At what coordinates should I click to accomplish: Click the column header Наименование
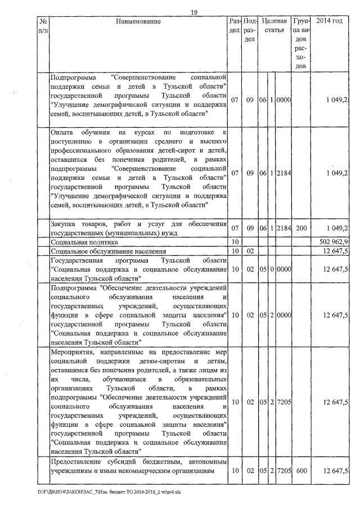[138, 21]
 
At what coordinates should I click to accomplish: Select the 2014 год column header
[330, 21]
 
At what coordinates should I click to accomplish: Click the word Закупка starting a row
[64, 223]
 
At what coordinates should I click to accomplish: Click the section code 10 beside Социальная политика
[236, 241]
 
